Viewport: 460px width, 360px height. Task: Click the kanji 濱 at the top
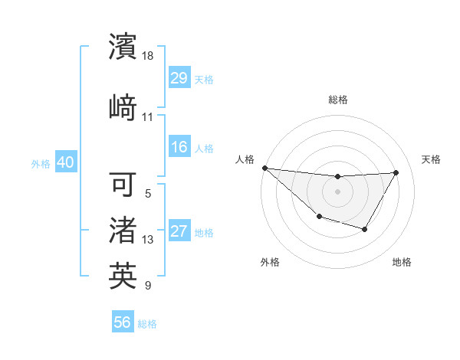[x=123, y=47]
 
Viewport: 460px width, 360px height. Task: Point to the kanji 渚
[x=123, y=230]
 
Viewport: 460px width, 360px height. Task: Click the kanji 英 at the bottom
[x=123, y=276]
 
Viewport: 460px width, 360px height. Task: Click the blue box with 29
[x=179, y=78]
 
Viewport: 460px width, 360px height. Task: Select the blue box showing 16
[x=179, y=147]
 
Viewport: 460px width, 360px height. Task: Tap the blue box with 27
[x=179, y=231]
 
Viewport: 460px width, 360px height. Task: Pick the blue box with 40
[x=65, y=162]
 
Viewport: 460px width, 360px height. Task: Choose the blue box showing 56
[x=123, y=322]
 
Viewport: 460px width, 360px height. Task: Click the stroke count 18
[x=149, y=57]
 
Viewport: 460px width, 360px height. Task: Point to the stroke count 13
[x=148, y=240]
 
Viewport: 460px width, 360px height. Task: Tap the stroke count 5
[x=148, y=194]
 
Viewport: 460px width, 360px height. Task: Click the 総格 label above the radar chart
[x=337, y=100]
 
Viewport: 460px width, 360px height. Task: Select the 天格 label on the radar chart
[x=431, y=159]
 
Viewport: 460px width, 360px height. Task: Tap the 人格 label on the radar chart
[x=245, y=159]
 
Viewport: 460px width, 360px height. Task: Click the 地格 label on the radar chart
[x=402, y=262]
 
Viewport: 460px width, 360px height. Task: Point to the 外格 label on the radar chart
[x=270, y=262]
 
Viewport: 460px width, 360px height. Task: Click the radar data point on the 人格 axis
[x=264, y=168]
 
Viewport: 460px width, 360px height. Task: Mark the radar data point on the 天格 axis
[x=396, y=172]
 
